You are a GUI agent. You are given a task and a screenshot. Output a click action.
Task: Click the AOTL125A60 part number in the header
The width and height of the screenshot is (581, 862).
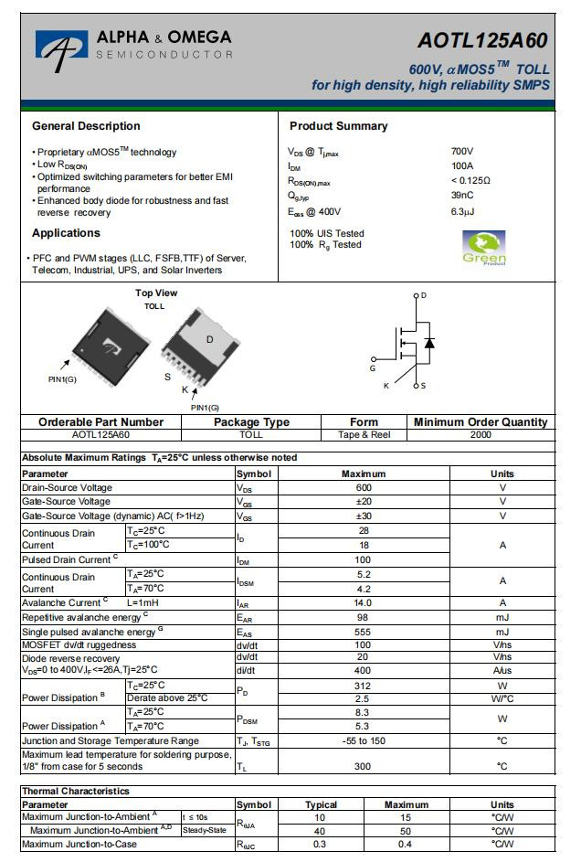482,40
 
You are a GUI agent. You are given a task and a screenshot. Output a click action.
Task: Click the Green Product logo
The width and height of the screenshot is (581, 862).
484,247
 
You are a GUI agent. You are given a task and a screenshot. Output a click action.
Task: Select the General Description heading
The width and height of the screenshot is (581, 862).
86,126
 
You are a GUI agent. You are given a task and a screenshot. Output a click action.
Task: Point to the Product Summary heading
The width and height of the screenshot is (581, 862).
338,126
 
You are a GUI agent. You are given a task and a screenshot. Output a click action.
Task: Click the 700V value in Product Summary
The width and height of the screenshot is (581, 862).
462,151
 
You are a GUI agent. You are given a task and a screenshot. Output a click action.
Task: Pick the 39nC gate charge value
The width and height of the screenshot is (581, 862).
462,195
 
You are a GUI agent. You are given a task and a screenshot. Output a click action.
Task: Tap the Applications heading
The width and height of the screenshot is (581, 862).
66,233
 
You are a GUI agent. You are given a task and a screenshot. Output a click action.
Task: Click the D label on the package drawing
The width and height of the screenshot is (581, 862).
209,339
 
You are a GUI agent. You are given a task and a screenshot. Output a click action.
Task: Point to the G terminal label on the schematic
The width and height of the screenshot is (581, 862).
373,368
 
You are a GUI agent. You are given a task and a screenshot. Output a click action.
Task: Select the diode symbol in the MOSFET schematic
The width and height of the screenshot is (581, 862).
429,343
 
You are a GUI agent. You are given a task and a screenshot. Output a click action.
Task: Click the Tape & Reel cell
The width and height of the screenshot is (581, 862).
364,434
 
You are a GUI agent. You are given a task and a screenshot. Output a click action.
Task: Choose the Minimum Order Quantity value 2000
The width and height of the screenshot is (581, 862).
481,434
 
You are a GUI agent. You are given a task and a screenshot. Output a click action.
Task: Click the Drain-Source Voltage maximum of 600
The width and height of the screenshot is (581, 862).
363,487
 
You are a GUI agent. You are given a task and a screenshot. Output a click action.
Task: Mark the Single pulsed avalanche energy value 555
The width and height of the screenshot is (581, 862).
363,632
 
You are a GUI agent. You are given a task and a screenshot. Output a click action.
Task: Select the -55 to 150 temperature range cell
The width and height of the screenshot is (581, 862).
363,740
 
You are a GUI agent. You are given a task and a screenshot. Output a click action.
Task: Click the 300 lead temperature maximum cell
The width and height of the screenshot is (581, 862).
363,766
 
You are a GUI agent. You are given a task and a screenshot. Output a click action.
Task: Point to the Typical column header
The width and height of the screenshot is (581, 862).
321,804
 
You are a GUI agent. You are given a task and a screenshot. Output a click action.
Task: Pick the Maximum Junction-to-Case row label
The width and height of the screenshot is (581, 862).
79,844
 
